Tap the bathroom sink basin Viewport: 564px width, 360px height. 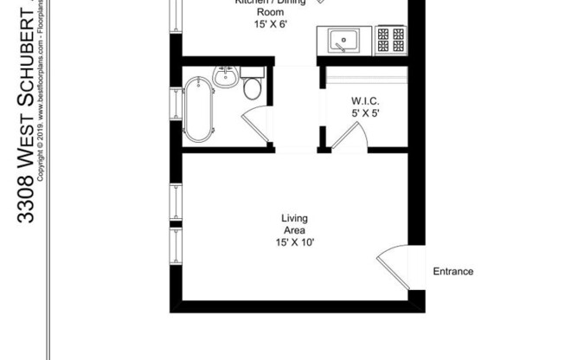225,77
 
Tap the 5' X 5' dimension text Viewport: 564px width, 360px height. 364,113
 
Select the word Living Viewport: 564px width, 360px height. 294,218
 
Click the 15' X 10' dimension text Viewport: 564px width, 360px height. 294,242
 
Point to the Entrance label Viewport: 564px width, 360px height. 452,272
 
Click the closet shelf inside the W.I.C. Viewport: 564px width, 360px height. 364,80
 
